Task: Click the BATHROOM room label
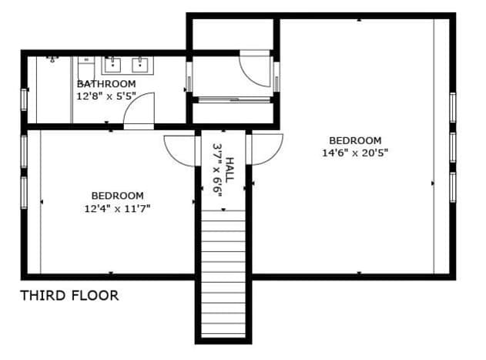106,83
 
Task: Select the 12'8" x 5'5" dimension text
106,96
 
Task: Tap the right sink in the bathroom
141,62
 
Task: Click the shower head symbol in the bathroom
52,59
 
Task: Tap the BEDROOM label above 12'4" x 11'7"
117,196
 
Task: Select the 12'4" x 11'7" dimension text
117,208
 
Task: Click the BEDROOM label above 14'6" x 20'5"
355,140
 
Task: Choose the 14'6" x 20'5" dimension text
355,153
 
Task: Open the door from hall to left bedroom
180,148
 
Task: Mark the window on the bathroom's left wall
24,100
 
